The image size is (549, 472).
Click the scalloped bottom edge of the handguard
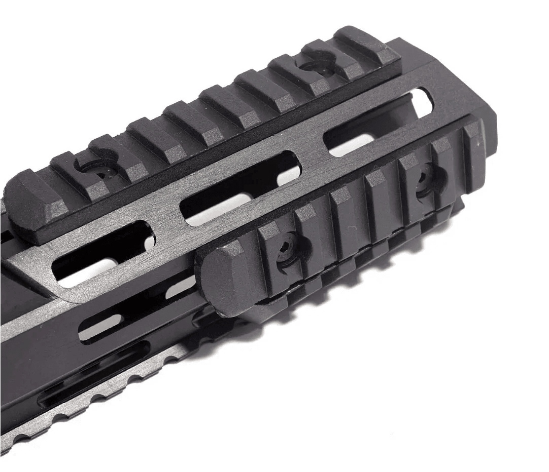point(101,400)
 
